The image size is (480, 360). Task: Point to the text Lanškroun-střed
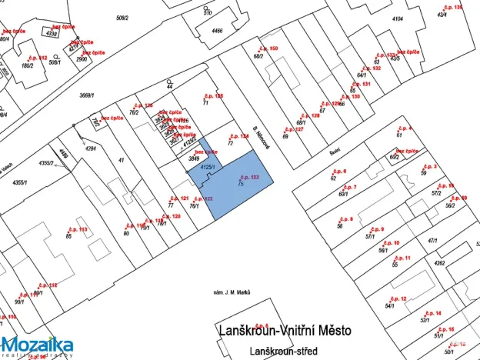point(284,351)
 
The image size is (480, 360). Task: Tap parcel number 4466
point(218,31)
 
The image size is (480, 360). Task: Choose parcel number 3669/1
point(86,95)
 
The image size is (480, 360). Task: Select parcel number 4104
point(398,18)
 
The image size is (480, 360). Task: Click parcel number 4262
point(439,263)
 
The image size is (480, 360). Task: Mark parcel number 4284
point(91,148)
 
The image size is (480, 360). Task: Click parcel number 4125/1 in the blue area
point(206,167)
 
